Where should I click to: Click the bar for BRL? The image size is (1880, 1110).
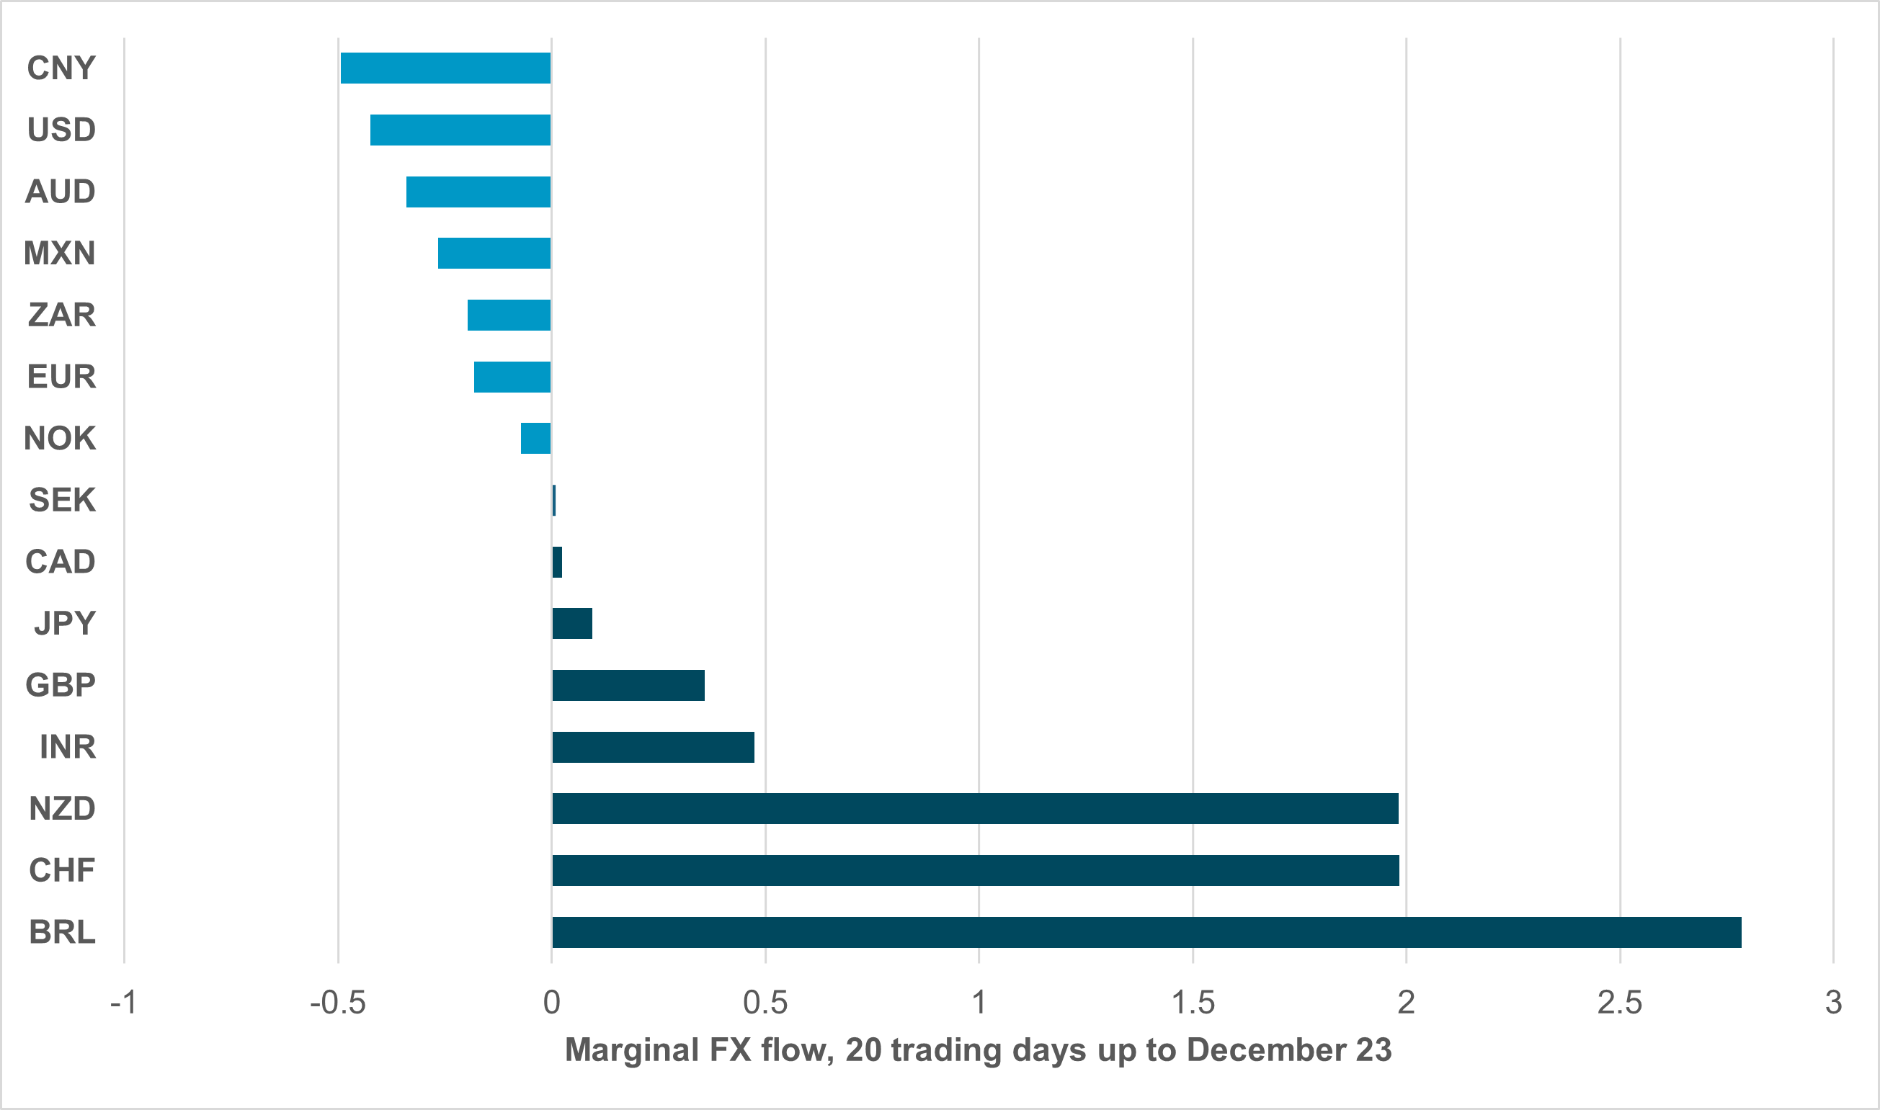1146,932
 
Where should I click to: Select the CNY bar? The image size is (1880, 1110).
445,68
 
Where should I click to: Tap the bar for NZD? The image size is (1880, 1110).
975,809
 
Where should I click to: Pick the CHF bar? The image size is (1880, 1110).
975,870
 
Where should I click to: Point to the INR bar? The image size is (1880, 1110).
653,747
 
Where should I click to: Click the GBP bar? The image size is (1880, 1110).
628,685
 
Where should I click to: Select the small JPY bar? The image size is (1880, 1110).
572,624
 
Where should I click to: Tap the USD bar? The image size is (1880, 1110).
460,130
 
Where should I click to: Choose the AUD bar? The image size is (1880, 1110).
478,192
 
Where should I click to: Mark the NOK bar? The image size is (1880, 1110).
535,439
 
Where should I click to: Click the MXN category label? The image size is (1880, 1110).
60,254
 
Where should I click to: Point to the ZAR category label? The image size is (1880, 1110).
62,315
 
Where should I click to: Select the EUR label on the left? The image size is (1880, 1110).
61,377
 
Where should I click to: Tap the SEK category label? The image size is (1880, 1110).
62,500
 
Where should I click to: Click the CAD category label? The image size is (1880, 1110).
61,562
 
